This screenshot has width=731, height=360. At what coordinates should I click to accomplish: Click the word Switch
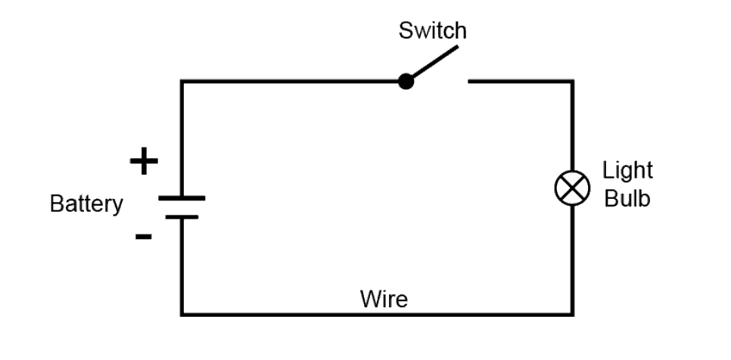point(433,31)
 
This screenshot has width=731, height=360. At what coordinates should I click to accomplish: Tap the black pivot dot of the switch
point(406,81)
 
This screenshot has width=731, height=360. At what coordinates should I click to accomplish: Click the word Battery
point(86,204)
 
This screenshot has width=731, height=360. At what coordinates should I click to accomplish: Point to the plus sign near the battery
point(144,162)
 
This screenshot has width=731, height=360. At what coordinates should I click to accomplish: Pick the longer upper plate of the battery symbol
point(182,198)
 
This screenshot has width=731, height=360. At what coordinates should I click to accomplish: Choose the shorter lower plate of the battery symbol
point(182,217)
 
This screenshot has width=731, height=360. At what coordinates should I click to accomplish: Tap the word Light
point(627,170)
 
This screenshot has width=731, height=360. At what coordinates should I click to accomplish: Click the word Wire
point(384,299)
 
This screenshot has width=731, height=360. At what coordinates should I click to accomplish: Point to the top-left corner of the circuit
point(182,81)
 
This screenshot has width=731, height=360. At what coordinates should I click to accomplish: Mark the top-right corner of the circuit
point(571,81)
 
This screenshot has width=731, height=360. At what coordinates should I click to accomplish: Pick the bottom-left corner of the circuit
point(182,314)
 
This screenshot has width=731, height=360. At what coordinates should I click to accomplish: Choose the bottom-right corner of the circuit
point(571,314)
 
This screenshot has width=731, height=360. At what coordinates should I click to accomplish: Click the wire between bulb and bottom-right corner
point(571,257)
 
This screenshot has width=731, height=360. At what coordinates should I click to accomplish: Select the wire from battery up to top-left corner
point(182,136)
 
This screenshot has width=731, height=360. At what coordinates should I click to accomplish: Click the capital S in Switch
point(406,31)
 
